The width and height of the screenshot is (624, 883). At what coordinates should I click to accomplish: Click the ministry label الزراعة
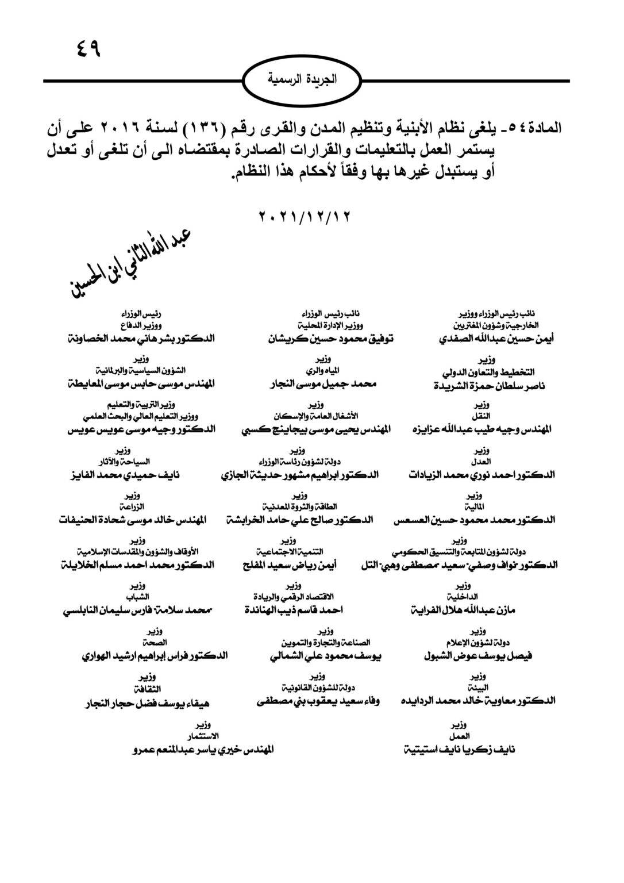tap(134, 506)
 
